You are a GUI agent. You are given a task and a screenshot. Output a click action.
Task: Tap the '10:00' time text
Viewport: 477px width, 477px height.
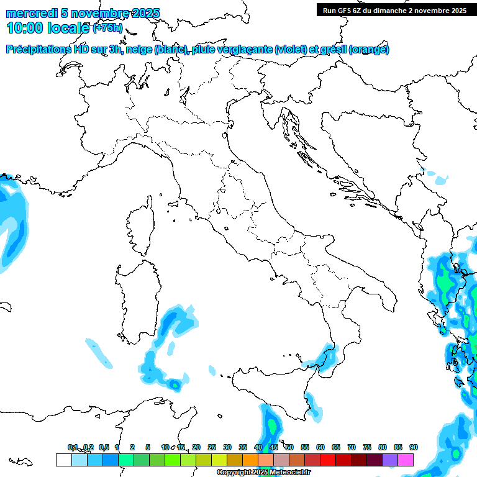click(25, 28)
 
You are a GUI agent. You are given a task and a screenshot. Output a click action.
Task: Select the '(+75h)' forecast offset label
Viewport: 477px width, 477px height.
click(107, 28)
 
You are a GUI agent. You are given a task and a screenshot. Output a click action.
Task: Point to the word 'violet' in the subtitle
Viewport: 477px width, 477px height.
click(292, 49)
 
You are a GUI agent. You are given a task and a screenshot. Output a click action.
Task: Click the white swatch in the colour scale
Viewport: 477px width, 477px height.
click(63, 460)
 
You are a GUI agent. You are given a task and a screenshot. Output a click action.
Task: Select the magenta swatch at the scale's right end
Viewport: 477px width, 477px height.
click(406, 460)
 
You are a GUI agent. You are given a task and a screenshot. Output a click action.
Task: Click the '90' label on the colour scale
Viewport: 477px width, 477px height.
click(414, 447)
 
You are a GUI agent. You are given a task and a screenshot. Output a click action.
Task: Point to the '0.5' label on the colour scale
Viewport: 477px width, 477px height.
click(104, 447)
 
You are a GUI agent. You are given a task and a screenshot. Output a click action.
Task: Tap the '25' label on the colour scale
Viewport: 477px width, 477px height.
click(212, 447)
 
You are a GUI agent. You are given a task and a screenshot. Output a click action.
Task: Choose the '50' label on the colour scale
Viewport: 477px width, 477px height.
click(289, 447)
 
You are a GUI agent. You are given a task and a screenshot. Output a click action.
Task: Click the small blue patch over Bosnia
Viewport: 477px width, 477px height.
click(440, 181)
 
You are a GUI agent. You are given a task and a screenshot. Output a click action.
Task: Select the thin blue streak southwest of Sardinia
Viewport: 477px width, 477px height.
click(98, 352)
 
